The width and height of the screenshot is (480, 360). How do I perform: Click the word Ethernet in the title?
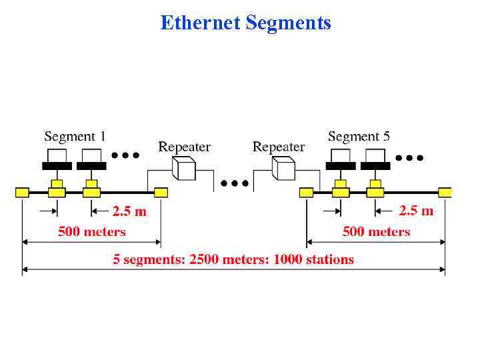point(201,23)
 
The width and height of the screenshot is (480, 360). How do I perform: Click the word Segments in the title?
point(288,23)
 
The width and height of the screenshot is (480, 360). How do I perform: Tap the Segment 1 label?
point(75,137)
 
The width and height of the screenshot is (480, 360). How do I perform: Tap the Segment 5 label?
point(359,137)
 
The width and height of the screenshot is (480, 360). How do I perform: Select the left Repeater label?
point(184,147)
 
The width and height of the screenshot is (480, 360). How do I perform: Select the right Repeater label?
point(279,147)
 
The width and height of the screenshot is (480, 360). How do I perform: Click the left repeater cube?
point(183,168)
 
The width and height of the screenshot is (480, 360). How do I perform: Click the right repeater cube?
point(283,168)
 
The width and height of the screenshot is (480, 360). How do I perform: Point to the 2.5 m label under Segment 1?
point(129,211)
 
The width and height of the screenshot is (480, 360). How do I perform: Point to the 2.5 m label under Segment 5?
point(416,211)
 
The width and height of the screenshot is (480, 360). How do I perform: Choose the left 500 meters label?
point(92,232)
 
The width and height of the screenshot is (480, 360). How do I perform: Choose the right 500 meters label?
point(376,232)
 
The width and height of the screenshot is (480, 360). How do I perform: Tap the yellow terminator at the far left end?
point(22,193)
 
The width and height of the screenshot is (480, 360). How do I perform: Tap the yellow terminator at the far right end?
point(445,193)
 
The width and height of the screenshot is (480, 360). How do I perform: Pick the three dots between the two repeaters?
point(235,182)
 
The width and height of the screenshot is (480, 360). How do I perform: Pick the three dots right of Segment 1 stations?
point(125,155)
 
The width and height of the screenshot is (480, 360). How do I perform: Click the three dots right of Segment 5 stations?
point(409,158)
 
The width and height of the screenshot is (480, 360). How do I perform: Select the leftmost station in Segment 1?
point(57,160)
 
